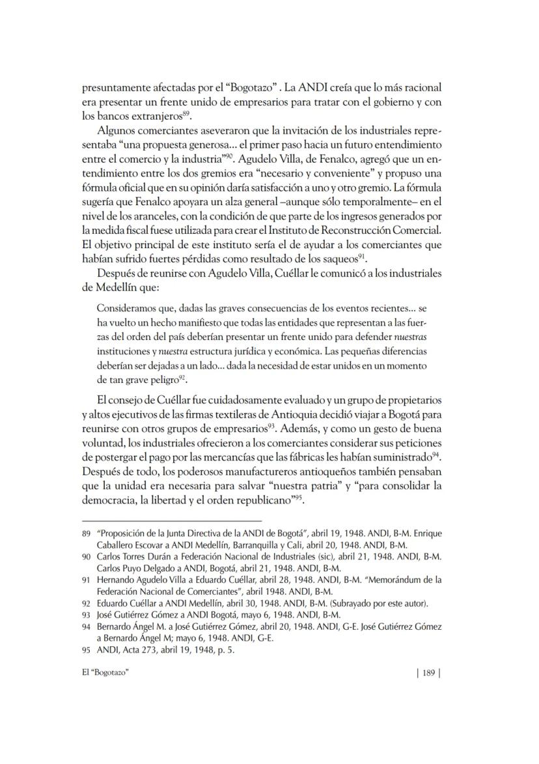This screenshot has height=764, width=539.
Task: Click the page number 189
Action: [428, 673]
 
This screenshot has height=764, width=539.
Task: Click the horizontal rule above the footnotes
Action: [172, 521]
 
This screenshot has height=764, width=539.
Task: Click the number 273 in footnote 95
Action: [137, 649]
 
